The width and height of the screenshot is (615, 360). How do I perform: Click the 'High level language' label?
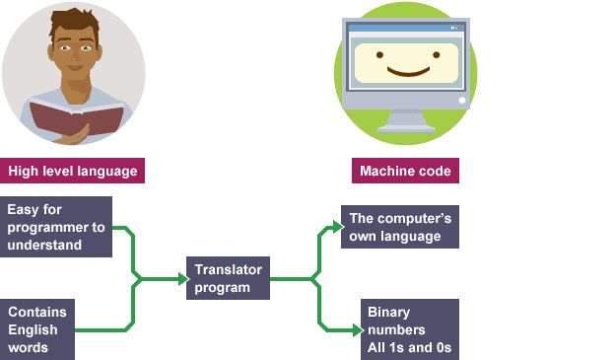pyautogui.click(x=73, y=171)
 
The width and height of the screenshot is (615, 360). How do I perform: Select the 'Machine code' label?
pyautogui.click(x=405, y=171)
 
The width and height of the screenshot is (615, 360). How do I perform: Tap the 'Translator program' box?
pyautogui.click(x=228, y=278)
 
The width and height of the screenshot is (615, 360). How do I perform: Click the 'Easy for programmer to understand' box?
pyautogui.click(x=56, y=227)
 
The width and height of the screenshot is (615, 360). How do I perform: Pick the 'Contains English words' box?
pyautogui.click(x=38, y=329)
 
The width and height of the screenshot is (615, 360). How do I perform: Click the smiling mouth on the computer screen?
pyautogui.click(x=405, y=73)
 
